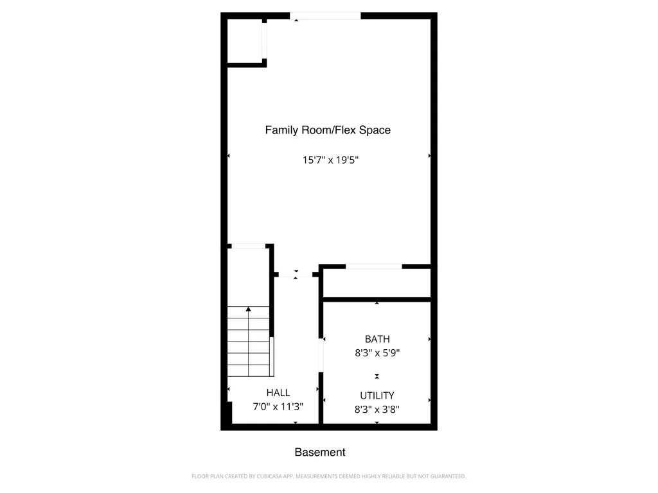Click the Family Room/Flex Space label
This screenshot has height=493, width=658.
point(328,130)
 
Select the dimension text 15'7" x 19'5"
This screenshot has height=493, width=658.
point(330,160)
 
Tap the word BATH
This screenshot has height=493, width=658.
point(377,339)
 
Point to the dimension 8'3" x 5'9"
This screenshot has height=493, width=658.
point(377,352)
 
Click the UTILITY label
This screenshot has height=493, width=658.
point(377,395)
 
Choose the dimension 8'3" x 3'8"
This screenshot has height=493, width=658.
point(377,409)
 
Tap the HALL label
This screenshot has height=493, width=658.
point(278,392)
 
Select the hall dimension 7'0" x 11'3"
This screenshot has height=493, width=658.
point(278,406)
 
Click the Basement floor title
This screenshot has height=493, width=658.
point(320,453)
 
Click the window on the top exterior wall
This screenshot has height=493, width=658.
point(325,16)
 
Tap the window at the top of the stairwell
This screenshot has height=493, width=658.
point(248,246)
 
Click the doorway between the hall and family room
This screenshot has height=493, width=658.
point(296,275)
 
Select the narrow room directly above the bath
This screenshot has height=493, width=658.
point(377,283)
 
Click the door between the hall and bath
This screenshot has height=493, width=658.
point(320,355)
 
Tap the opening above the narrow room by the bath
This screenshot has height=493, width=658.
point(374,266)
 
